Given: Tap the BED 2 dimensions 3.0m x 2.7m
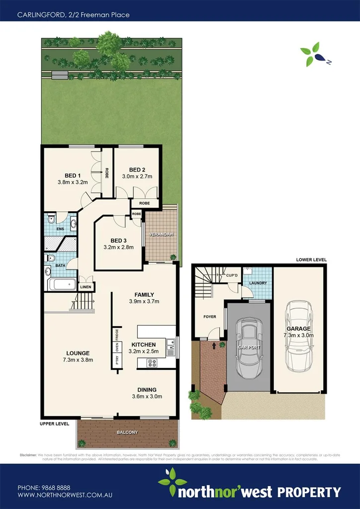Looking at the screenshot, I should pyautogui.click(x=137, y=176).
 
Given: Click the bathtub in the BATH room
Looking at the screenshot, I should pyautogui.click(x=62, y=285).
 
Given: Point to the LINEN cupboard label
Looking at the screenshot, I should pyautogui.click(x=86, y=287).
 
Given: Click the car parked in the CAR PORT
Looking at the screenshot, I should pyautogui.click(x=248, y=347).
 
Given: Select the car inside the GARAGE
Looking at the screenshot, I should pyautogui.click(x=298, y=336).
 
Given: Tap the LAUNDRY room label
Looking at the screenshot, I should pyautogui.click(x=258, y=283).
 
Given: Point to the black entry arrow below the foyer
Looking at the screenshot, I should pyautogui.click(x=214, y=343).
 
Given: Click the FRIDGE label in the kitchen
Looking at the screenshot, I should pyautogui.click(x=117, y=334).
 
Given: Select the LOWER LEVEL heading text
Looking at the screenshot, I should pyautogui.click(x=311, y=259).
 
